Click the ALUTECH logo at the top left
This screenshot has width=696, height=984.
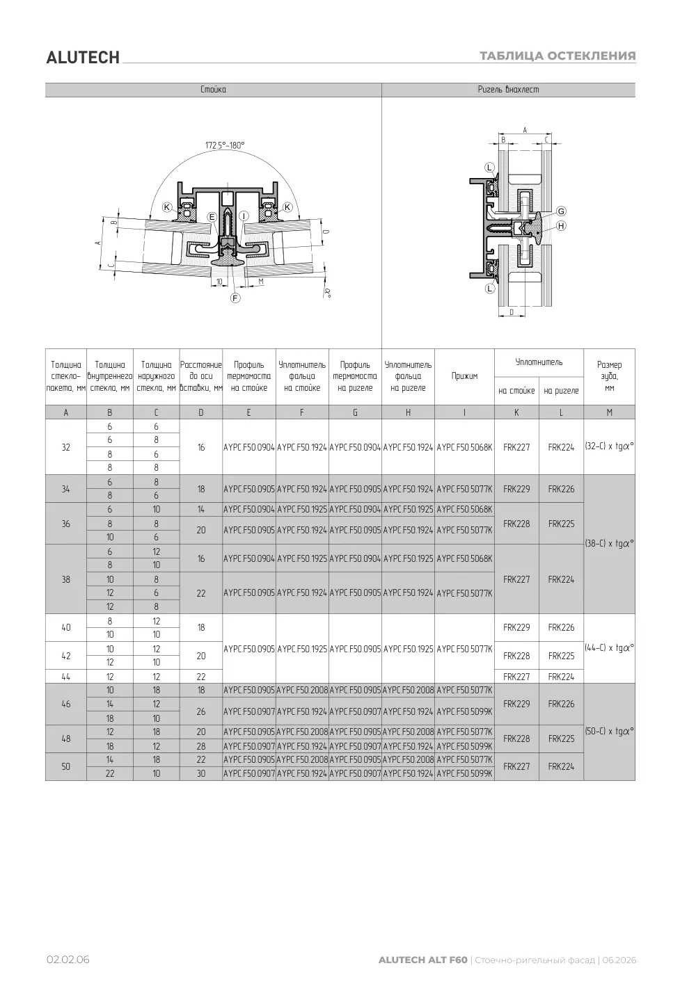(83, 58)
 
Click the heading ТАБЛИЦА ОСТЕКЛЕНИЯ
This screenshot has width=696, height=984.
(557, 56)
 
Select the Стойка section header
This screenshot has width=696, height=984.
(213, 90)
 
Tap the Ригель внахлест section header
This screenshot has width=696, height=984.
(508, 90)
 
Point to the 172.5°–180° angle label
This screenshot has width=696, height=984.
(225, 145)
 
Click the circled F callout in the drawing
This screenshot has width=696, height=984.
(235, 298)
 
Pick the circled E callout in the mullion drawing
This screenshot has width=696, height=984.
(212, 217)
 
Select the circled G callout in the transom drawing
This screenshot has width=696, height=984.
(561, 211)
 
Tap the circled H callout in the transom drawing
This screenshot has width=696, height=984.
(561, 226)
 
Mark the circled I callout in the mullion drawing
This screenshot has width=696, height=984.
(244, 216)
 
